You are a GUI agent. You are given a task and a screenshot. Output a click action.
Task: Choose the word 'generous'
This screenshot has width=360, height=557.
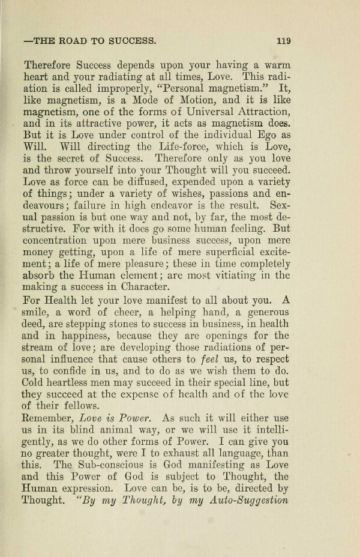(x=262, y=313)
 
